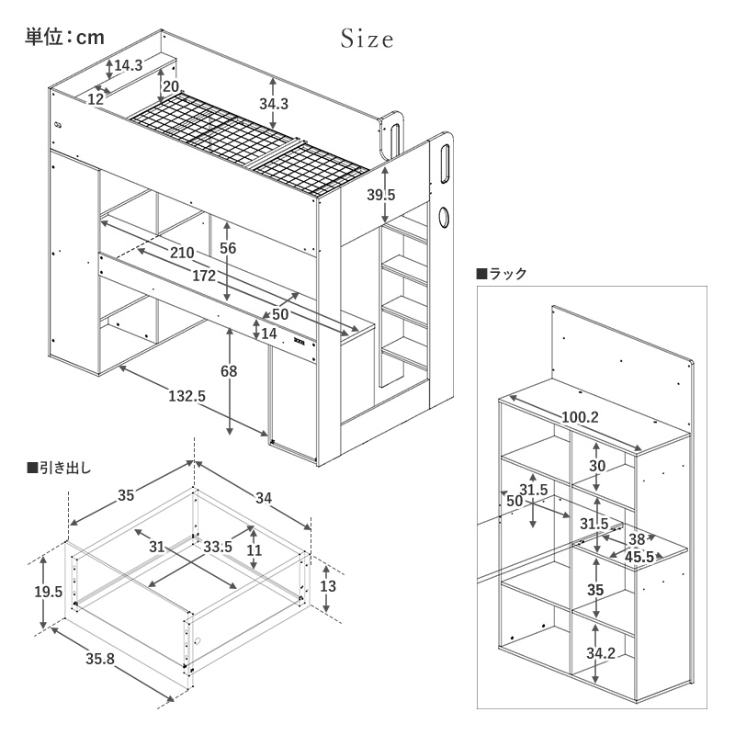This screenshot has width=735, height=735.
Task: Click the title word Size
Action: (x=367, y=40)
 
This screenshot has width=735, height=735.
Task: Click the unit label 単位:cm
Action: (x=63, y=37)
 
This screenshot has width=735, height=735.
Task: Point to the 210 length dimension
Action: (x=182, y=253)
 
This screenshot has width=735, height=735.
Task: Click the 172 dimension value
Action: (x=205, y=276)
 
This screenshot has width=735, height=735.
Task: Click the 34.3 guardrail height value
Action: (x=274, y=104)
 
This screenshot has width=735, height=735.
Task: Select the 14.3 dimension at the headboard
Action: (x=128, y=65)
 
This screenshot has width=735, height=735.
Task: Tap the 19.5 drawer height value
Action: (x=47, y=593)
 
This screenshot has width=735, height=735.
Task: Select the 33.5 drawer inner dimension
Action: (x=218, y=547)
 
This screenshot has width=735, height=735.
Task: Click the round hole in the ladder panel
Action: (x=445, y=218)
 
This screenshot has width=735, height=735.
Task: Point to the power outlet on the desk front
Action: (x=300, y=344)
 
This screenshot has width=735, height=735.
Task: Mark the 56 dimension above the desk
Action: (x=229, y=248)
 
